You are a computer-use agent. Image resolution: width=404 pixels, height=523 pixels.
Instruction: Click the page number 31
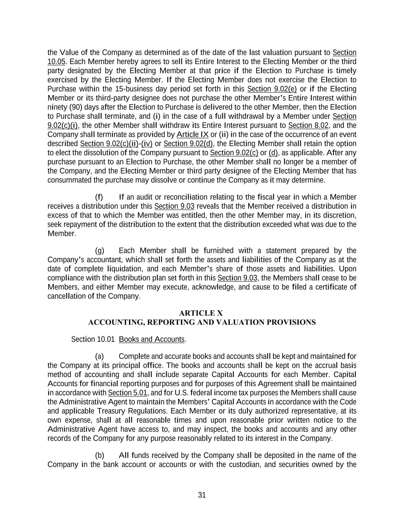[x=202, y=495]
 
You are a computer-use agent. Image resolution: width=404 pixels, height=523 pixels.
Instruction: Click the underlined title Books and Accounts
[x=152, y=339]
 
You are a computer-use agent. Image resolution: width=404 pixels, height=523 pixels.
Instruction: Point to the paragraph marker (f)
[x=99, y=197]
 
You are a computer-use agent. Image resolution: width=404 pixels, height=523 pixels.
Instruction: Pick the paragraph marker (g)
[x=99, y=251]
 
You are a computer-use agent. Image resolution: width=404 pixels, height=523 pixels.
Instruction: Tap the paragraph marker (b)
[x=99, y=456]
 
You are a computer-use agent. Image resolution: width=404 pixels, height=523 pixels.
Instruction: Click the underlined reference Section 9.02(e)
[x=272, y=89]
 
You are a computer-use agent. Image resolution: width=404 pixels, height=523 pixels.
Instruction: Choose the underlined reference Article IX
[x=192, y=134]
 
